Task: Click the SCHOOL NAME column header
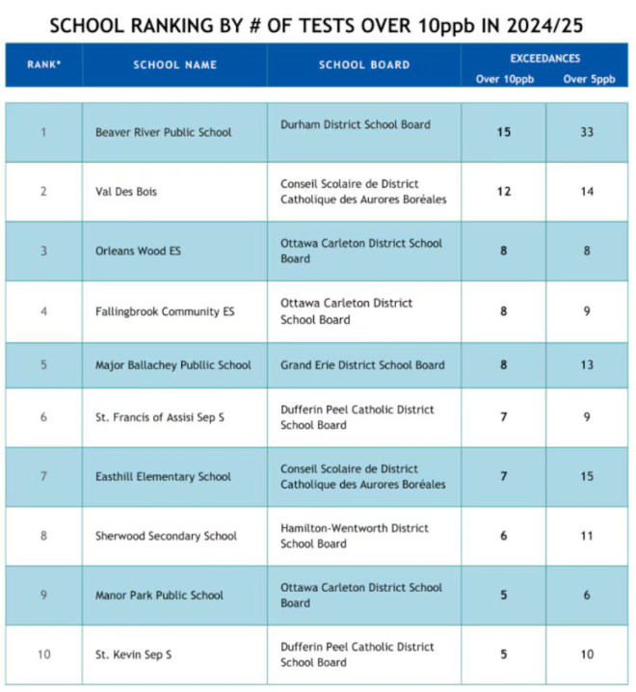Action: click(x=174, y=65)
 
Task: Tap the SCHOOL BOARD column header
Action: click(x=363, y=65)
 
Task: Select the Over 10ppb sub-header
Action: click(x=501, y=79)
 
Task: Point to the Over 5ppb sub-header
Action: click(x=589, y=79)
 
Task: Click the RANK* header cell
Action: click(x=43, y=65)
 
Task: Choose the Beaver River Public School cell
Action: click(x=163, y=132)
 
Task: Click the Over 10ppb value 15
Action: click(x=503, y=132)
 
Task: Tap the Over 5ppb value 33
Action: click(x=587, y=132)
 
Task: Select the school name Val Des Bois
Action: click(x=126, y=192)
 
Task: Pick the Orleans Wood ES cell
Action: click(x=138, y=251)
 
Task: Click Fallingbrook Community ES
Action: click(x=165, y=311)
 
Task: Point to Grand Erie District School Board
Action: click(x=362, y=365)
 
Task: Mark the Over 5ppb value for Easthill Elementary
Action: click(x=587, y=476)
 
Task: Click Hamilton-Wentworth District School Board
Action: click(x=355, y=536)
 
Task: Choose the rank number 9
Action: click(x=43, y=595)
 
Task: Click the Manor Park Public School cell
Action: click(x=160, y=595)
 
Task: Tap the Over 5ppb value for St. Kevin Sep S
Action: click(x=587, y=654)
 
